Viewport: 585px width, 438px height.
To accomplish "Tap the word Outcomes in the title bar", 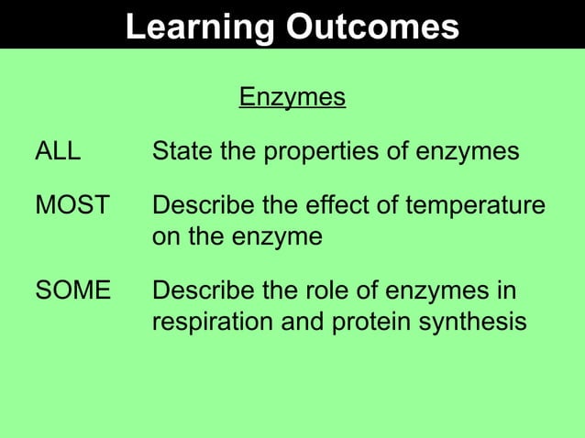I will coord(372,27).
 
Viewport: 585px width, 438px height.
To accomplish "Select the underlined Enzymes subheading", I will coord(292,96).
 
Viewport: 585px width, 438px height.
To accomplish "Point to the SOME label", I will coord(72,291).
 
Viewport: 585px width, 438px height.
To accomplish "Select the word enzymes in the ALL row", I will coord(469,151).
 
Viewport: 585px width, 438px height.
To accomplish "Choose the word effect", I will coord(340,205).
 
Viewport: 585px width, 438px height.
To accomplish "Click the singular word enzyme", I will coord(276,237).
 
